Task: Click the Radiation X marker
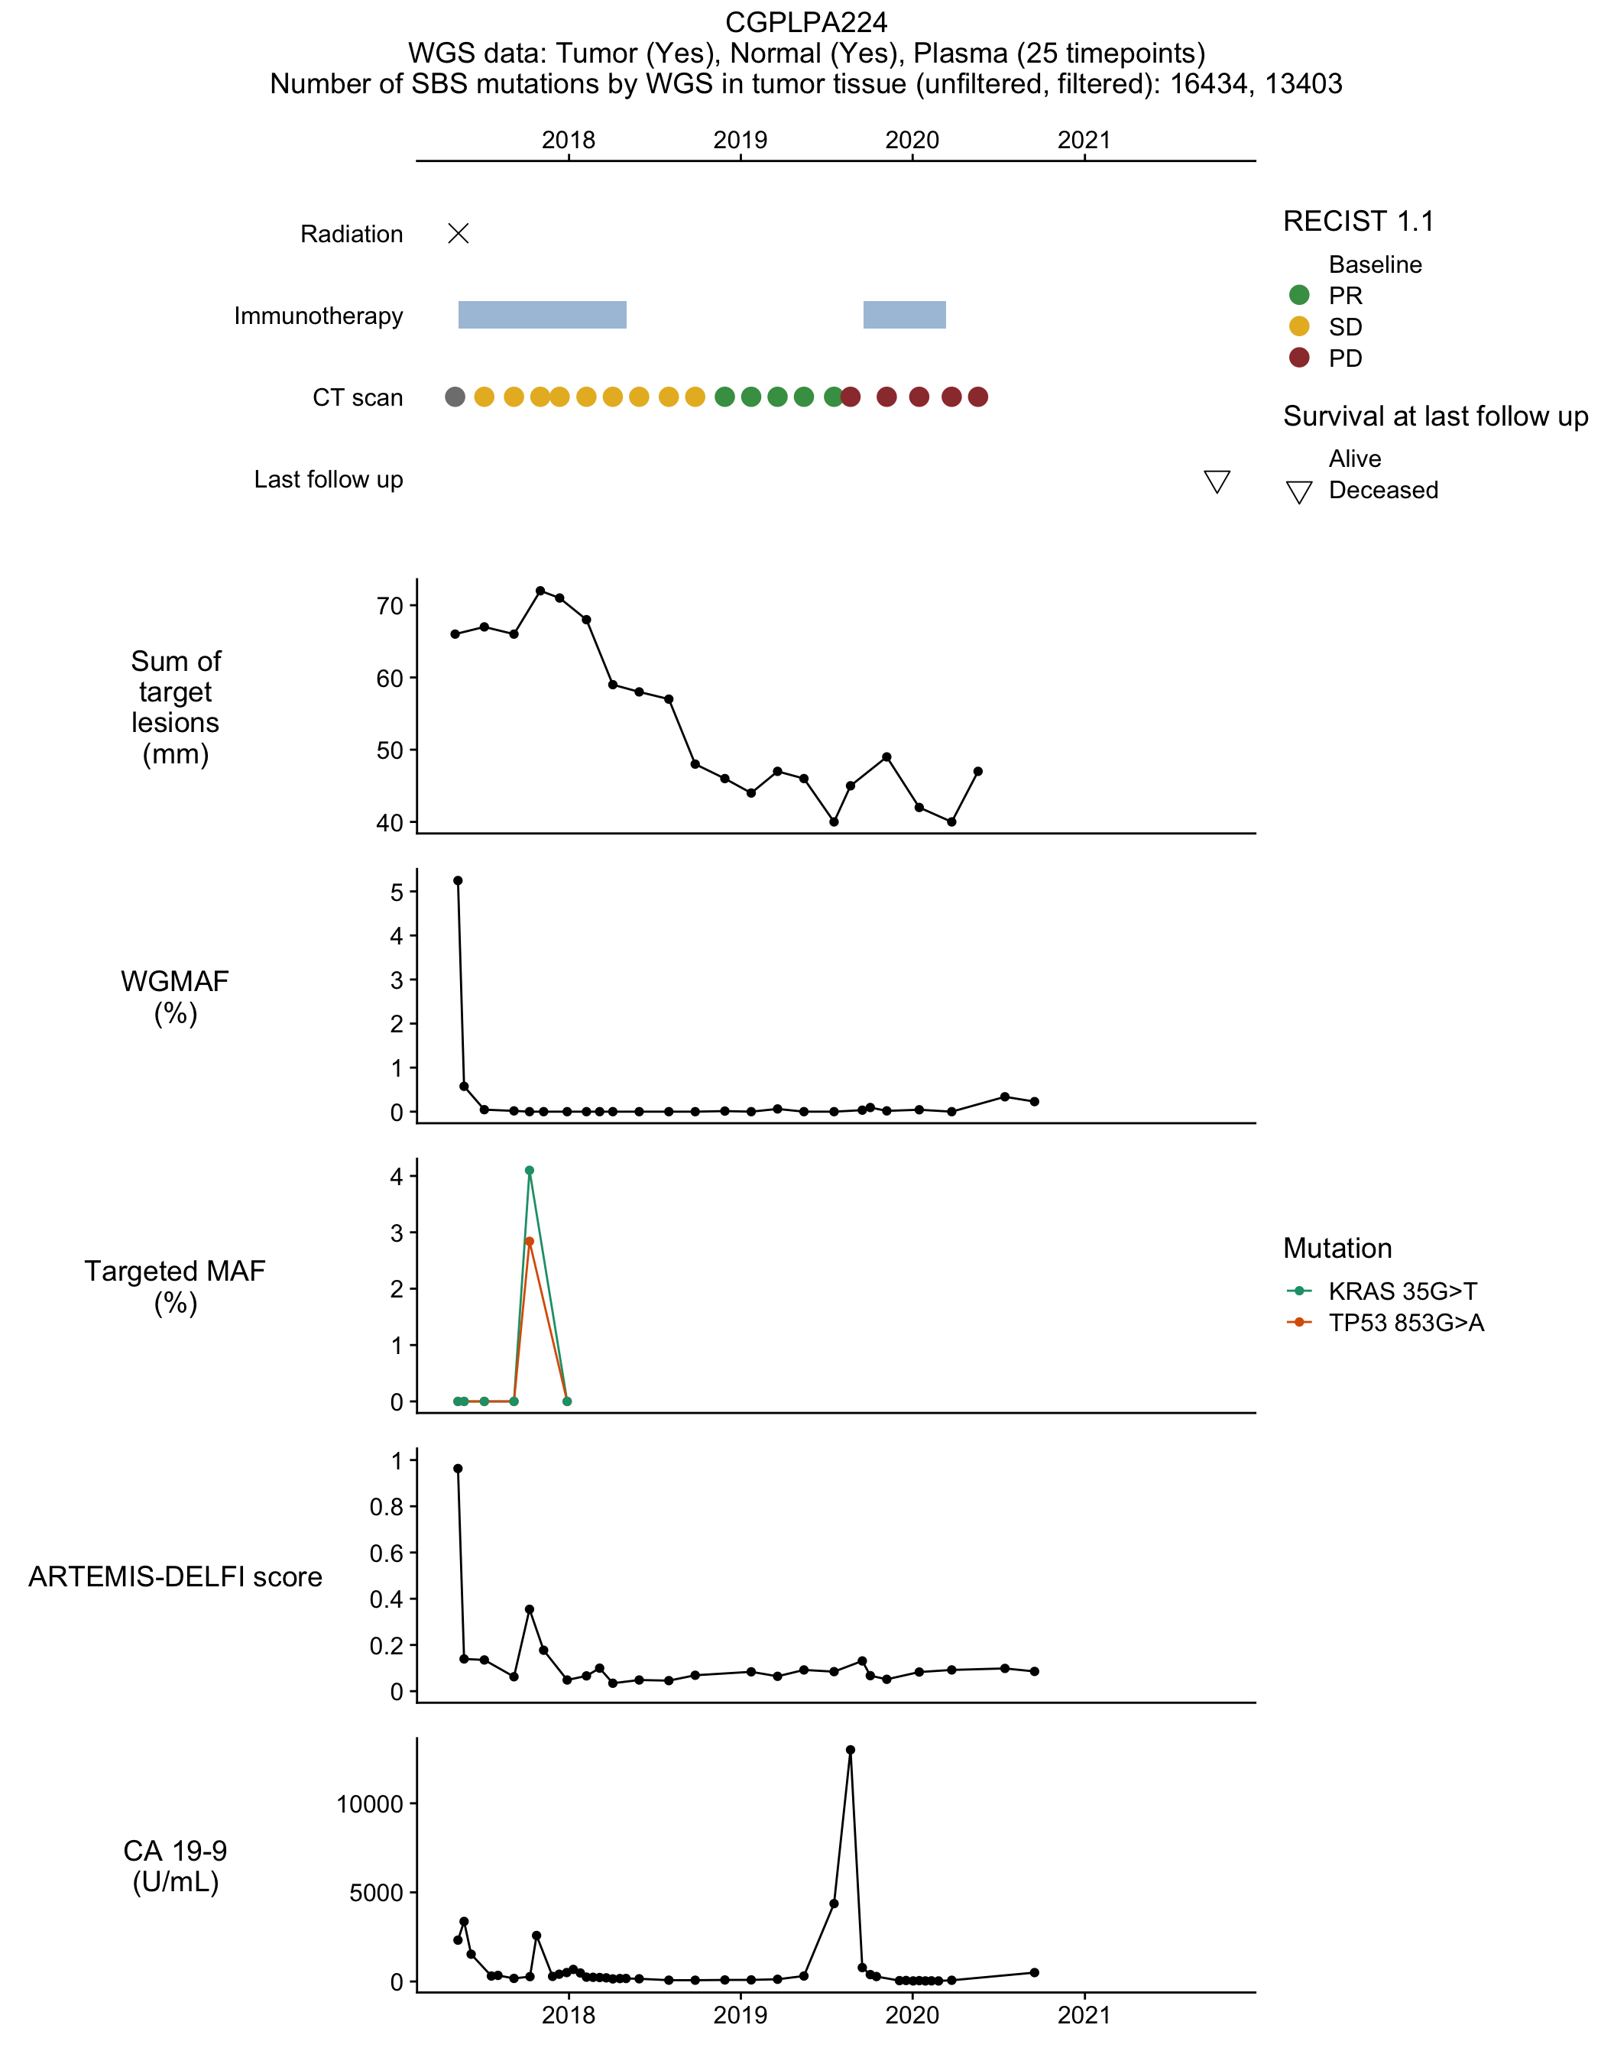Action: (459, 233)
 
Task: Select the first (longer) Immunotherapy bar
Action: (543, 315)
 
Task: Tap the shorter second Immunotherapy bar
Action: (904, 315)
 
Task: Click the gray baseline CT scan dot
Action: (455, 397)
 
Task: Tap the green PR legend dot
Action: (1299, 295)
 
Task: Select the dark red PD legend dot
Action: (1299, 357)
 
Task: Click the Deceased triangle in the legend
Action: (1299, 491)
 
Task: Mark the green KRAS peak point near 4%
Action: (529, 1171)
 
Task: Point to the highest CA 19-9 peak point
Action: (851, 1750)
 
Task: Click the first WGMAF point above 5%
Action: (459, 880)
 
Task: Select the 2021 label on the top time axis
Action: (1084, 140)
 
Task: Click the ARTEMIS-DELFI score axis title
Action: (176, 1576)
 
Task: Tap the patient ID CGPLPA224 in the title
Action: (806, 21)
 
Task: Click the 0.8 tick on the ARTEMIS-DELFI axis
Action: (387, 1507)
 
